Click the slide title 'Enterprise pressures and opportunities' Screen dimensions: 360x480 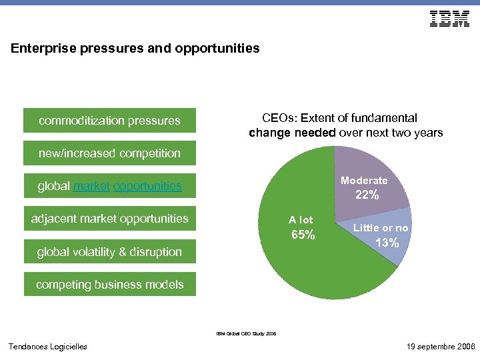click(135, 49)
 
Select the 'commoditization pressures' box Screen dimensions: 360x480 click(110, 121)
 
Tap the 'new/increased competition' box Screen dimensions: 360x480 click(110, 153)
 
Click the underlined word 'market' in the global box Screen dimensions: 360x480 click(92, 186)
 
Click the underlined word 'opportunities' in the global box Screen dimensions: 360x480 click(147, 186)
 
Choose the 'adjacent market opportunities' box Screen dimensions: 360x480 click(110, 219)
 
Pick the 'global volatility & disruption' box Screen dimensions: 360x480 click(110, 252)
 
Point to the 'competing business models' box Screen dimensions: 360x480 click(110, 285)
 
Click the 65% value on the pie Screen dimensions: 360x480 click(303, 235)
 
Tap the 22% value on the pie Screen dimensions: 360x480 click(367, 195)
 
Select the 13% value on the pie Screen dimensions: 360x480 click(387, 243)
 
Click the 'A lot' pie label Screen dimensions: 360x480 click(301, 220)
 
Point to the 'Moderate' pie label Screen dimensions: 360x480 click(364, 181)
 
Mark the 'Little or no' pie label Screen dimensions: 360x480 click(381, 228)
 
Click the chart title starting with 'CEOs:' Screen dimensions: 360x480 click(345, 125)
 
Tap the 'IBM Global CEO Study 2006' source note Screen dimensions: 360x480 click(246, 333)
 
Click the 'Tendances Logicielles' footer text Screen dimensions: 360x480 click(47, 347)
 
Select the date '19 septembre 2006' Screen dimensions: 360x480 click(440, 347)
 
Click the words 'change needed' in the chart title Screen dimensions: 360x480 click(292, 133)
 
